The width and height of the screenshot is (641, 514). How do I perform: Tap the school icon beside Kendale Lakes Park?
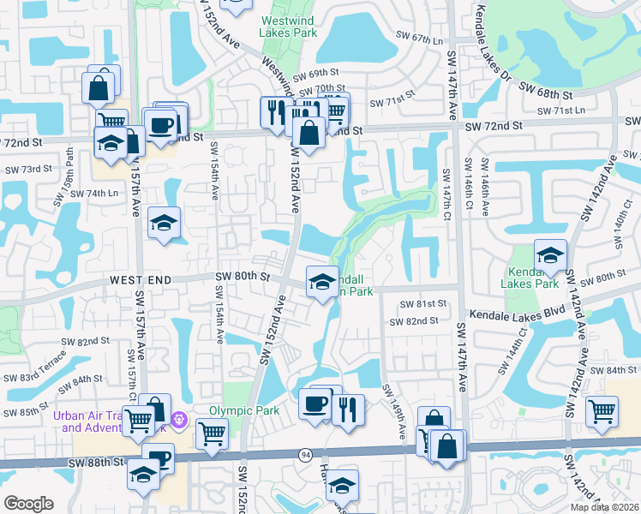pos(550,254)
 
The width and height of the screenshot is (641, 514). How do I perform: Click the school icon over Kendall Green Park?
pos(321,282)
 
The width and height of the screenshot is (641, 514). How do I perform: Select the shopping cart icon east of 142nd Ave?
pos(602,411)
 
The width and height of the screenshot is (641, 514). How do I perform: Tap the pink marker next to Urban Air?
pos(179,421)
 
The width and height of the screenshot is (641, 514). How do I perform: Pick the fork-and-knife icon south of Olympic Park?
pos(347,409)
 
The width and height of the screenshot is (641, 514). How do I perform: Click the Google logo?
pos(28,504)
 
